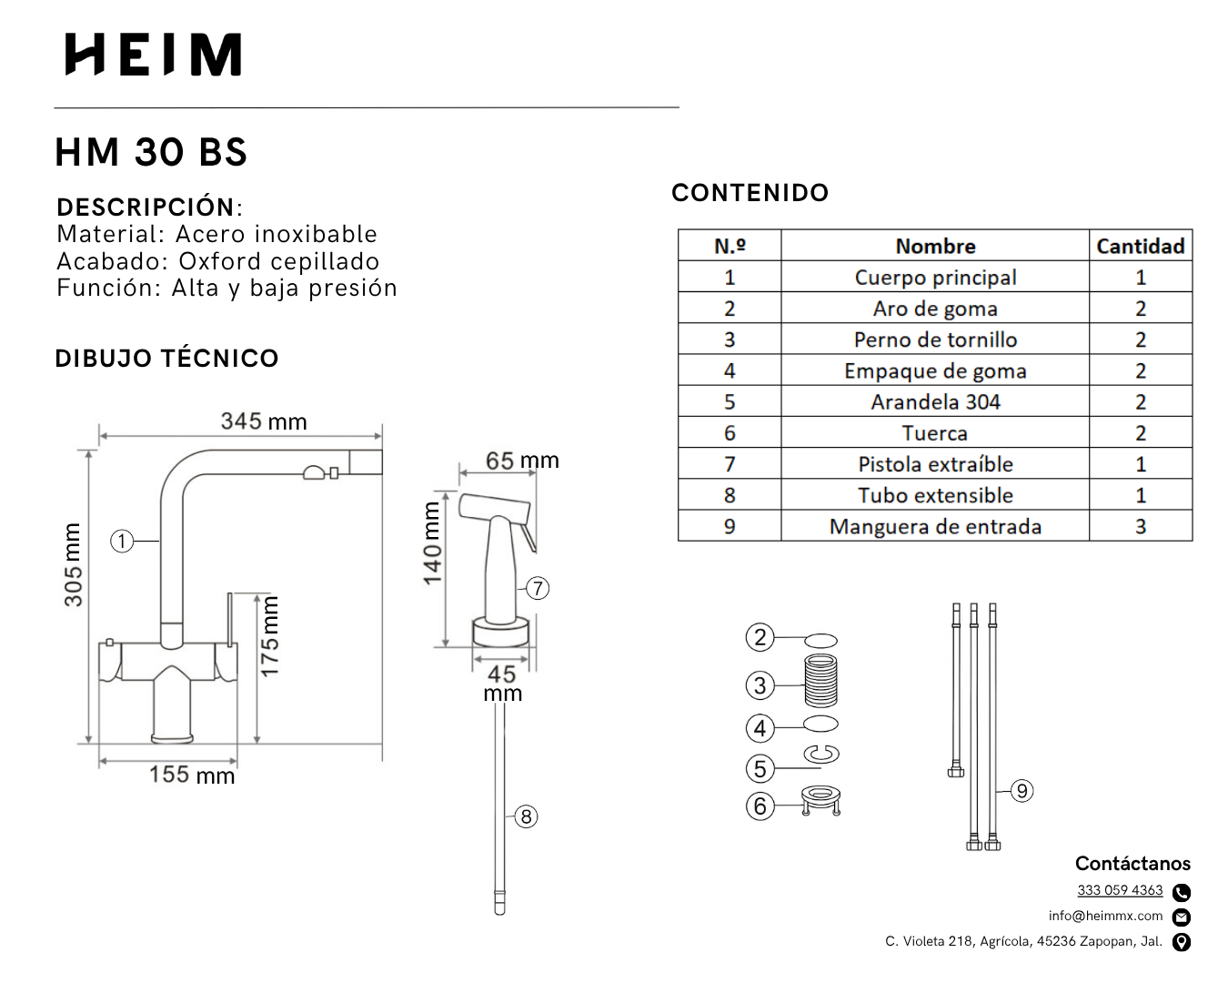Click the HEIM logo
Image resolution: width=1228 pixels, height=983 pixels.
point(153,55)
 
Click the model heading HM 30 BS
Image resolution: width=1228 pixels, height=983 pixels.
point(151,152)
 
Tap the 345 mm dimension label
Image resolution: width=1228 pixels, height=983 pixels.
point(264,421)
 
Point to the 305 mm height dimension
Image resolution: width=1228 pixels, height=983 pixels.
point(73,564)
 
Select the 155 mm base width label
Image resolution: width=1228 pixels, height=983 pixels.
point(192,775)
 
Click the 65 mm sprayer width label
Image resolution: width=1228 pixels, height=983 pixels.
point(522,461)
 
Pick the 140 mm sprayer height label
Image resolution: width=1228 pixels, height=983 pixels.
point(432,543)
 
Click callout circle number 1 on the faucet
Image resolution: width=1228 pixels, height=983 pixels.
point(122,542)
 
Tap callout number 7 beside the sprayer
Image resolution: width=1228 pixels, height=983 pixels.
point(538,588)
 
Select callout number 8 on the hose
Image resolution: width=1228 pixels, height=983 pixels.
point(526,816)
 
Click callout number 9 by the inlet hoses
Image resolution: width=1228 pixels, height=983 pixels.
point(1022,791)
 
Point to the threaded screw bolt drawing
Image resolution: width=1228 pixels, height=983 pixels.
point(821,683)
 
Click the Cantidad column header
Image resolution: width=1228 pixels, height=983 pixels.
point(1140,246)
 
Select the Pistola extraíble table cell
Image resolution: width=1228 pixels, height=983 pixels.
point(935,464)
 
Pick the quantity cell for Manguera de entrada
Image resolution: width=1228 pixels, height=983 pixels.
point(1140,526)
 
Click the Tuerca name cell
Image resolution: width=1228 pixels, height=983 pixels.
point(935,433)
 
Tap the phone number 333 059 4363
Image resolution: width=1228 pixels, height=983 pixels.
point(1120,890)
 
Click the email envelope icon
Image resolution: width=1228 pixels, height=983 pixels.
point(1182,917)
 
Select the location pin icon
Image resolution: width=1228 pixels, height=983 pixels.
point(1182,942)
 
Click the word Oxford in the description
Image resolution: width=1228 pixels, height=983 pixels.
point(219,261)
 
